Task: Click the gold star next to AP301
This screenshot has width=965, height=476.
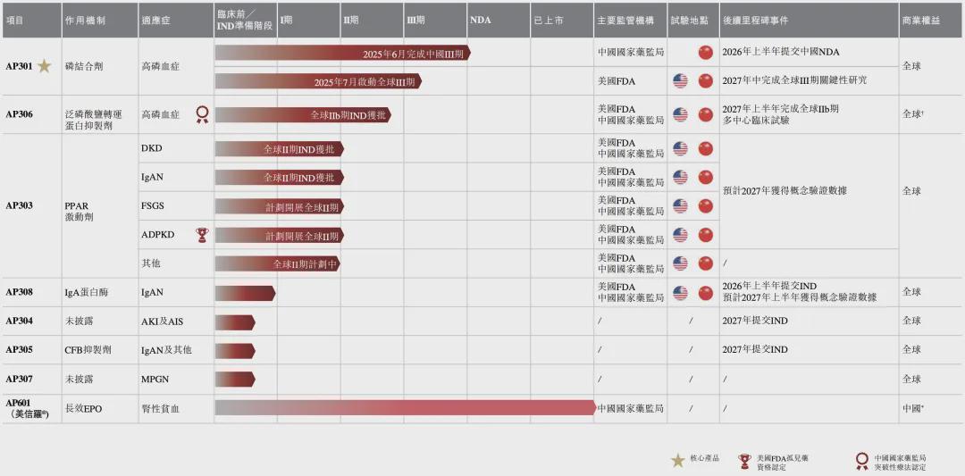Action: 44,66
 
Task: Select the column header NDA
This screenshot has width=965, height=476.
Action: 480,19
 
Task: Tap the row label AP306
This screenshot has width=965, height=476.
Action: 19,114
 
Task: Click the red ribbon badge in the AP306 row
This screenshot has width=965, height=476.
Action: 202,114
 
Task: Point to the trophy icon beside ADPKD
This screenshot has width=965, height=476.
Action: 202,235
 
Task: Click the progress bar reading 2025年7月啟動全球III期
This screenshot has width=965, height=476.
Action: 317,81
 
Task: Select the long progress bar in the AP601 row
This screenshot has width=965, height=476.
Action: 405,408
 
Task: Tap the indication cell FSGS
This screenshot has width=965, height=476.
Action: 152,206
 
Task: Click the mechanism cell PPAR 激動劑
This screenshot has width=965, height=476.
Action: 79,212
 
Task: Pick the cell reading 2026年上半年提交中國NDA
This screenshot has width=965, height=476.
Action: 780,52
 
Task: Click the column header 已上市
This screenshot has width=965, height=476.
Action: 548,19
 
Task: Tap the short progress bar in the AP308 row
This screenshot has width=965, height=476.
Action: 245,293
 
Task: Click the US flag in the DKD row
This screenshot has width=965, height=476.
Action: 680,149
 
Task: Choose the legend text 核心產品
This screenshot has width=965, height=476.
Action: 704,459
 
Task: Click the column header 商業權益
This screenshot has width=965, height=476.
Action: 921,19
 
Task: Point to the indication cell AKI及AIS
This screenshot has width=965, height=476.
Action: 162,321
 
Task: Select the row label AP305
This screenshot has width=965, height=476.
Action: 19,350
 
